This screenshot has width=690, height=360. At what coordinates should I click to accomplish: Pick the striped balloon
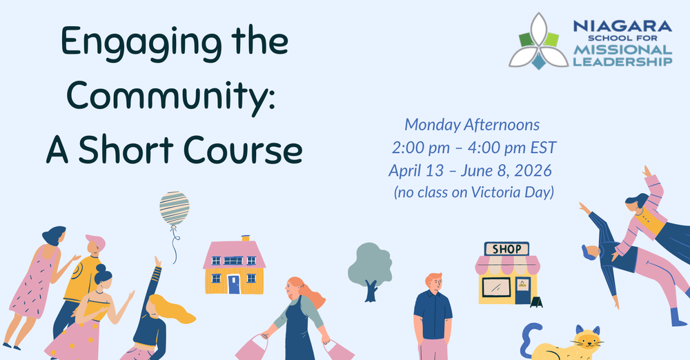click(174, 209)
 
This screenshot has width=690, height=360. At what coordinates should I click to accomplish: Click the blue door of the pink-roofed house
click(234, 283)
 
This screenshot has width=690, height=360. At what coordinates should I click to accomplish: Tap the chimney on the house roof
click(245, 239)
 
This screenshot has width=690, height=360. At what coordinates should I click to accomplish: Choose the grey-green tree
click(371, 266)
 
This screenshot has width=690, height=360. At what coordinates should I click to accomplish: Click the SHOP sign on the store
click(506, 249)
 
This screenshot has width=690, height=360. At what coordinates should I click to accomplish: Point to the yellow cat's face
click(587, 340)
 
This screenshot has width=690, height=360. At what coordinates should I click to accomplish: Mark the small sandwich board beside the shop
click(536, 301)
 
